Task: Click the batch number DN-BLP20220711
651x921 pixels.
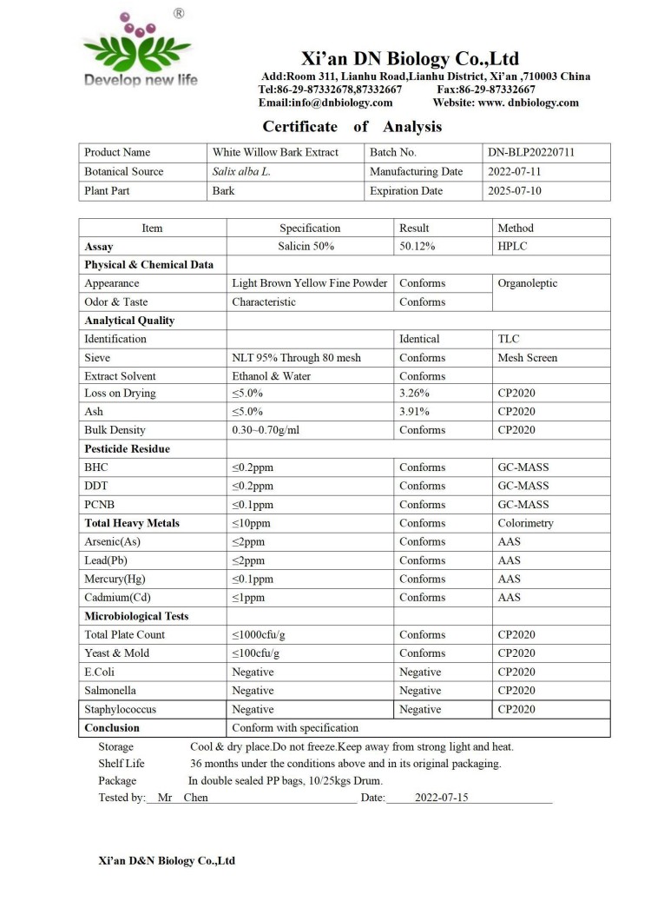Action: point(531,153)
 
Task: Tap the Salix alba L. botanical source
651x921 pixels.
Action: point(241,172)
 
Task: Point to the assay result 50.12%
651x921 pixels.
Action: point(417,247)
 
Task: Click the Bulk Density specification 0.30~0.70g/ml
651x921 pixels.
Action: point(266,430)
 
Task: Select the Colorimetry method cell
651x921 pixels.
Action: point(526,523)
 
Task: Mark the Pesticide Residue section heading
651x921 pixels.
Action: point(127,449)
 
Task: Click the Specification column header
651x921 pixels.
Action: point(310,228)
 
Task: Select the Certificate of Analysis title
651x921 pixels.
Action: point(352,127)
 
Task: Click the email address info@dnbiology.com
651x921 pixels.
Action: point(325,103)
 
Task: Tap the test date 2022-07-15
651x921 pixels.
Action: point(441,798)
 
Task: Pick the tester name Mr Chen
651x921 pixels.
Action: point(182,798)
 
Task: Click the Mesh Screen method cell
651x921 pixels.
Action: point(527,357)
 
